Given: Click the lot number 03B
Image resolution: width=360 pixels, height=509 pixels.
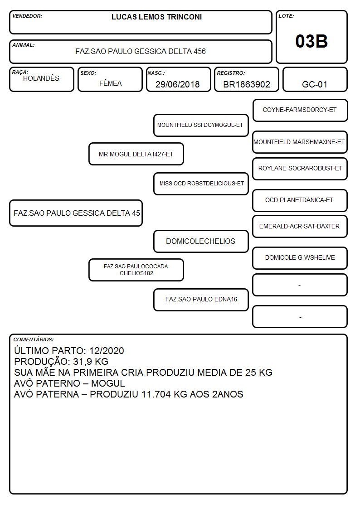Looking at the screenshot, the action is (311, 41).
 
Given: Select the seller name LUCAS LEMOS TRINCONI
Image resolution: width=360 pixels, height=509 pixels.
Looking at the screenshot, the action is (156, 17).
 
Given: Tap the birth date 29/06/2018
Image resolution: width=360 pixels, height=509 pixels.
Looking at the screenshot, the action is (177, 84).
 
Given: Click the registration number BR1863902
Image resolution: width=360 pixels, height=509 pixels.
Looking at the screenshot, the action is (246, 84).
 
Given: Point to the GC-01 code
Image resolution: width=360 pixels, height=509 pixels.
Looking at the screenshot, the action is (314, 84).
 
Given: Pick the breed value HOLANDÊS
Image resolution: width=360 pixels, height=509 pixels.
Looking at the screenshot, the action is (41, 78).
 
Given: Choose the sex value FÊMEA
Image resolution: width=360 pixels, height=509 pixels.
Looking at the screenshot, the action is (110, 83).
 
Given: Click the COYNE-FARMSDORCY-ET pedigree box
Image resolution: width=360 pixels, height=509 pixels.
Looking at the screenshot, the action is (300, 111).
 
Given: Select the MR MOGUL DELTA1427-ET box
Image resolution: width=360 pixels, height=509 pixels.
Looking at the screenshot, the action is (136, 154).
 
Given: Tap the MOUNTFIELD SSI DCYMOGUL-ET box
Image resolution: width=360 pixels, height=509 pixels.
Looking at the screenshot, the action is (201, 125).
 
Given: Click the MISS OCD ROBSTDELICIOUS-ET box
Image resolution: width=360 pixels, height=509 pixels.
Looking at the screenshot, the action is (201, 184).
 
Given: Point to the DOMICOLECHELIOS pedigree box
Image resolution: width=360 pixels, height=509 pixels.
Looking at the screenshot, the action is (201, 242).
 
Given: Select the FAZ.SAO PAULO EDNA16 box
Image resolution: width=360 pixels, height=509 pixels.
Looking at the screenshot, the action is (201, 300).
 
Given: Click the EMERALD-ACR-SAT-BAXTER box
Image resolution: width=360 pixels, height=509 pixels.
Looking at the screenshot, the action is (300, 227).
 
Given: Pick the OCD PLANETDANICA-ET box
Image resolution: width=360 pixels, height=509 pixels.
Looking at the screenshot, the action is (300, 200).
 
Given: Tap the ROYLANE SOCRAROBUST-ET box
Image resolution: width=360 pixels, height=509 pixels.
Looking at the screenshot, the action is (300, 169).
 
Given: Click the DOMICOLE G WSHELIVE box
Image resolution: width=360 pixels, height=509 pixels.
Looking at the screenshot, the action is (300, 258).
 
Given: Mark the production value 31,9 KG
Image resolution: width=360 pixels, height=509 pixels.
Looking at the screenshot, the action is (91, 362).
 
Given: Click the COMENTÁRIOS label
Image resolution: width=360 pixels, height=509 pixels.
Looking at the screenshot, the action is (34, 339).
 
